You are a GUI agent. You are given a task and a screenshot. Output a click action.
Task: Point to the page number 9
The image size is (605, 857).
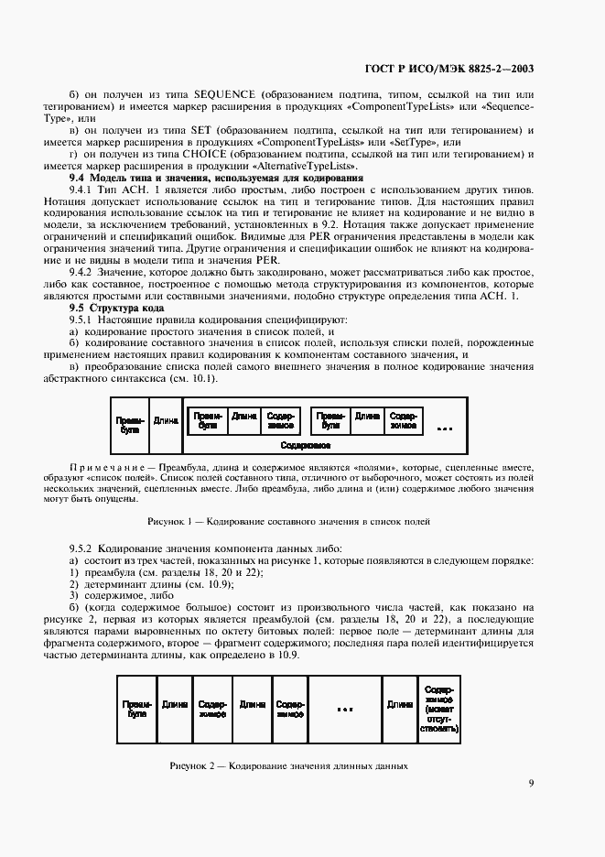click(x=531, y=782)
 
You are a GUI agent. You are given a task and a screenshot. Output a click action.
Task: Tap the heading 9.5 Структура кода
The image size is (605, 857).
click(x=113, y=308)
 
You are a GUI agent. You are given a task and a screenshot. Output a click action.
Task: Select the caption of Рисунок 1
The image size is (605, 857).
click(x=289, y=521)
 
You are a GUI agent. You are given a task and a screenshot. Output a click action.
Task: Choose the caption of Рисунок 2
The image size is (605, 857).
click(x=288, y=765)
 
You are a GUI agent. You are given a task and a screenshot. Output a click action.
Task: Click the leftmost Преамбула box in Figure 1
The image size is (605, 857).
click(x=130, y=424)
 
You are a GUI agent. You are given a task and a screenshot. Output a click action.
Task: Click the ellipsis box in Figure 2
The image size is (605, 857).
click(x=344, y=709)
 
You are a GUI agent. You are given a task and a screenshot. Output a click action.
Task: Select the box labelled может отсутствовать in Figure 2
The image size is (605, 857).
click(x=439, y=709)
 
